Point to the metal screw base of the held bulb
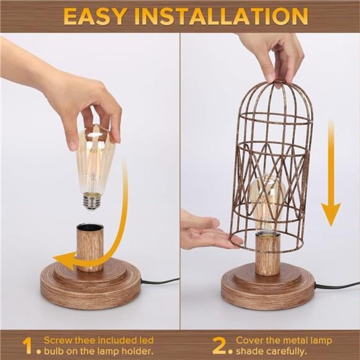[x=92, y=199]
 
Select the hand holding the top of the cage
[x=273, y=56]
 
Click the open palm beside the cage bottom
[x=205, y=233]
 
